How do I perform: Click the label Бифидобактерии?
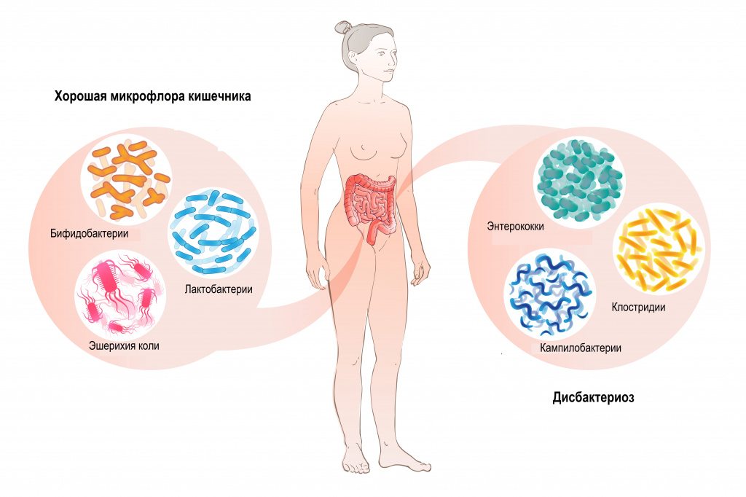(90, 234)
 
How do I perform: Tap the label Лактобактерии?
(219, 289)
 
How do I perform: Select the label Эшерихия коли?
(124, 345)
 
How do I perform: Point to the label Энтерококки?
(515, 226)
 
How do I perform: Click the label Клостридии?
(638, 307)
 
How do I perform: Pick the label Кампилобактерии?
(581, 348)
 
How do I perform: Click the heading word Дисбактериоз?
(593, 397)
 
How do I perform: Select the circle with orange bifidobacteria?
(127, 180)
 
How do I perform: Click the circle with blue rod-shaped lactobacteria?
(213, 232)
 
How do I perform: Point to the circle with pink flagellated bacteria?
(120, 294)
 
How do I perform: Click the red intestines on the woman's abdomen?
(371, 206)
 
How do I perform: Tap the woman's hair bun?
(342, 28)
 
